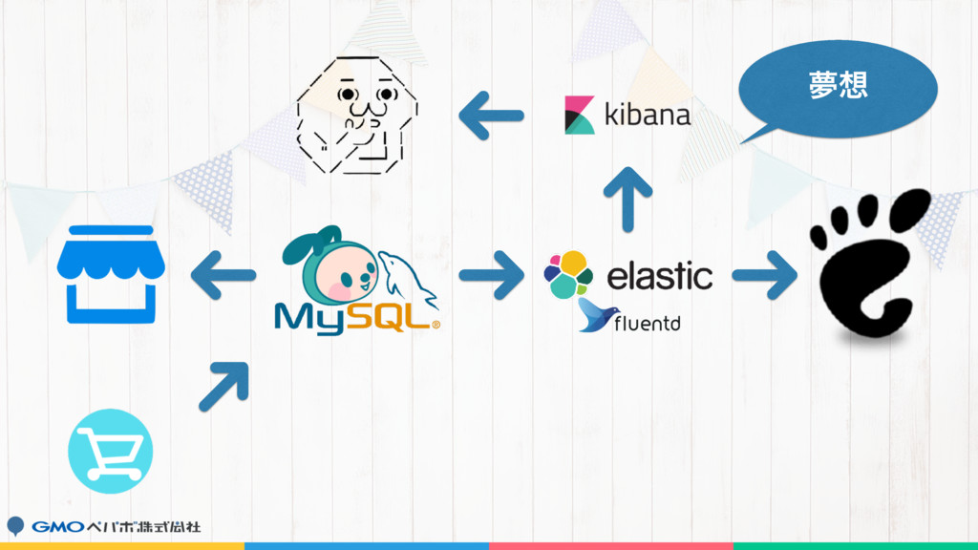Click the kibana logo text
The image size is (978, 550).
coord(648,116)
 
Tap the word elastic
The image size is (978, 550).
coord(660,276)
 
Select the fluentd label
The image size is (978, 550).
coord(648,325)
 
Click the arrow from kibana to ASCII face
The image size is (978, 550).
coord(491,117)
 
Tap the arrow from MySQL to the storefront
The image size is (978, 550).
coord(223,276)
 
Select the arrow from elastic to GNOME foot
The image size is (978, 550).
coord(765,276)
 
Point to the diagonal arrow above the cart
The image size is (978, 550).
coord(224,386)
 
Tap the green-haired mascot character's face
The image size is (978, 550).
coord(340,273)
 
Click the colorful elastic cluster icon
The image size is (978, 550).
coord(568,275)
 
